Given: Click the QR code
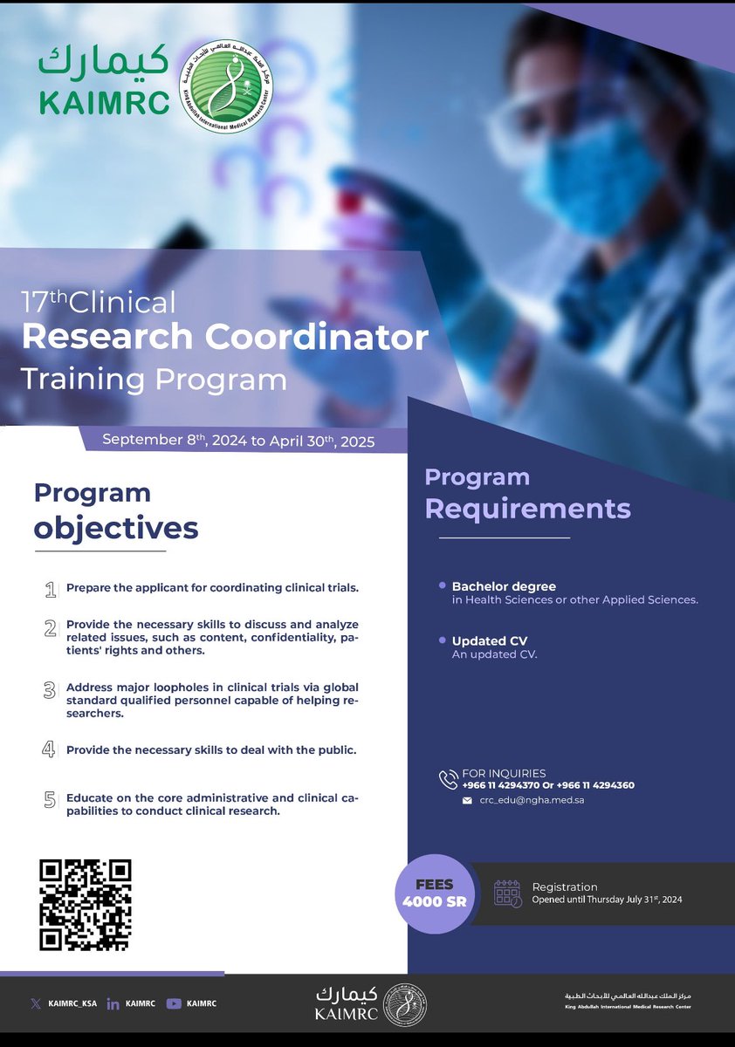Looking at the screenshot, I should coord(86,905).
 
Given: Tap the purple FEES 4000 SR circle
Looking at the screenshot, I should coord(434,893).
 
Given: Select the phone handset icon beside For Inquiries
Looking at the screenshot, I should coord(449,779).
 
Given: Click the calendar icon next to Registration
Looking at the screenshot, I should coord(507,893).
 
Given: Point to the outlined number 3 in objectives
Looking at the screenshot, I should coord(50,690).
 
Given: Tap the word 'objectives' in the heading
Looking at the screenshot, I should coord(116,528).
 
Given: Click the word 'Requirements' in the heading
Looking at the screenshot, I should coord(527,508).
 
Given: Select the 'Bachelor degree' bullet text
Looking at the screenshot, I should coord(504,586).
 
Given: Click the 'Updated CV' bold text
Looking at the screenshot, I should coord(489,641).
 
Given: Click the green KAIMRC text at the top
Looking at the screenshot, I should coord(103,102).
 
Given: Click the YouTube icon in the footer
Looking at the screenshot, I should coord(174,1003).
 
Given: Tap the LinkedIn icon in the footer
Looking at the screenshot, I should coord(113,1004).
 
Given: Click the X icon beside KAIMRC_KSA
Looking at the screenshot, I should coord(35,1003).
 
